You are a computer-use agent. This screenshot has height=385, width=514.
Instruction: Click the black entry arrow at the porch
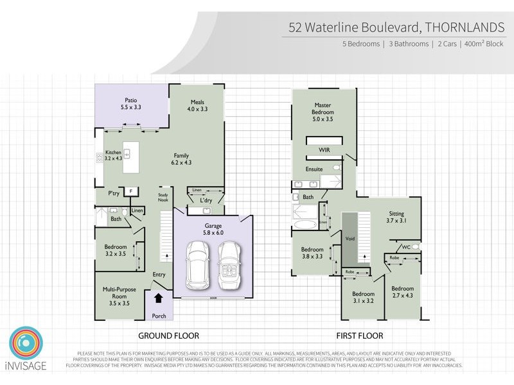158,298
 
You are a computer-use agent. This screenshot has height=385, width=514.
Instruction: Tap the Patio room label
130,103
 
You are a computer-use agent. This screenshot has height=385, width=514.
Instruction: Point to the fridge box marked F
131,191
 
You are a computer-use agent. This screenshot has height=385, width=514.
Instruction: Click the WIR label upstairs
324,150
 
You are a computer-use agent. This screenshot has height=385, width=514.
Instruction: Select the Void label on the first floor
350,238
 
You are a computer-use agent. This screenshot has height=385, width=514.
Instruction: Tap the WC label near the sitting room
405,246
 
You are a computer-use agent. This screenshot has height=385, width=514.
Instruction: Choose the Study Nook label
163,197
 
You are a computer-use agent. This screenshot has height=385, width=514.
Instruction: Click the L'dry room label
206,201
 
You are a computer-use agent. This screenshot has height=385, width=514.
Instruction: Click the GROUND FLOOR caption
169,336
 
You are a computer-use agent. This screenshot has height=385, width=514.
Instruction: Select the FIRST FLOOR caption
360,336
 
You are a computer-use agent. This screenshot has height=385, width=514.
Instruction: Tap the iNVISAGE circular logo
26,345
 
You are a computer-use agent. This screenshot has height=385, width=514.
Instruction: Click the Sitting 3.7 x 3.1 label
397,217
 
